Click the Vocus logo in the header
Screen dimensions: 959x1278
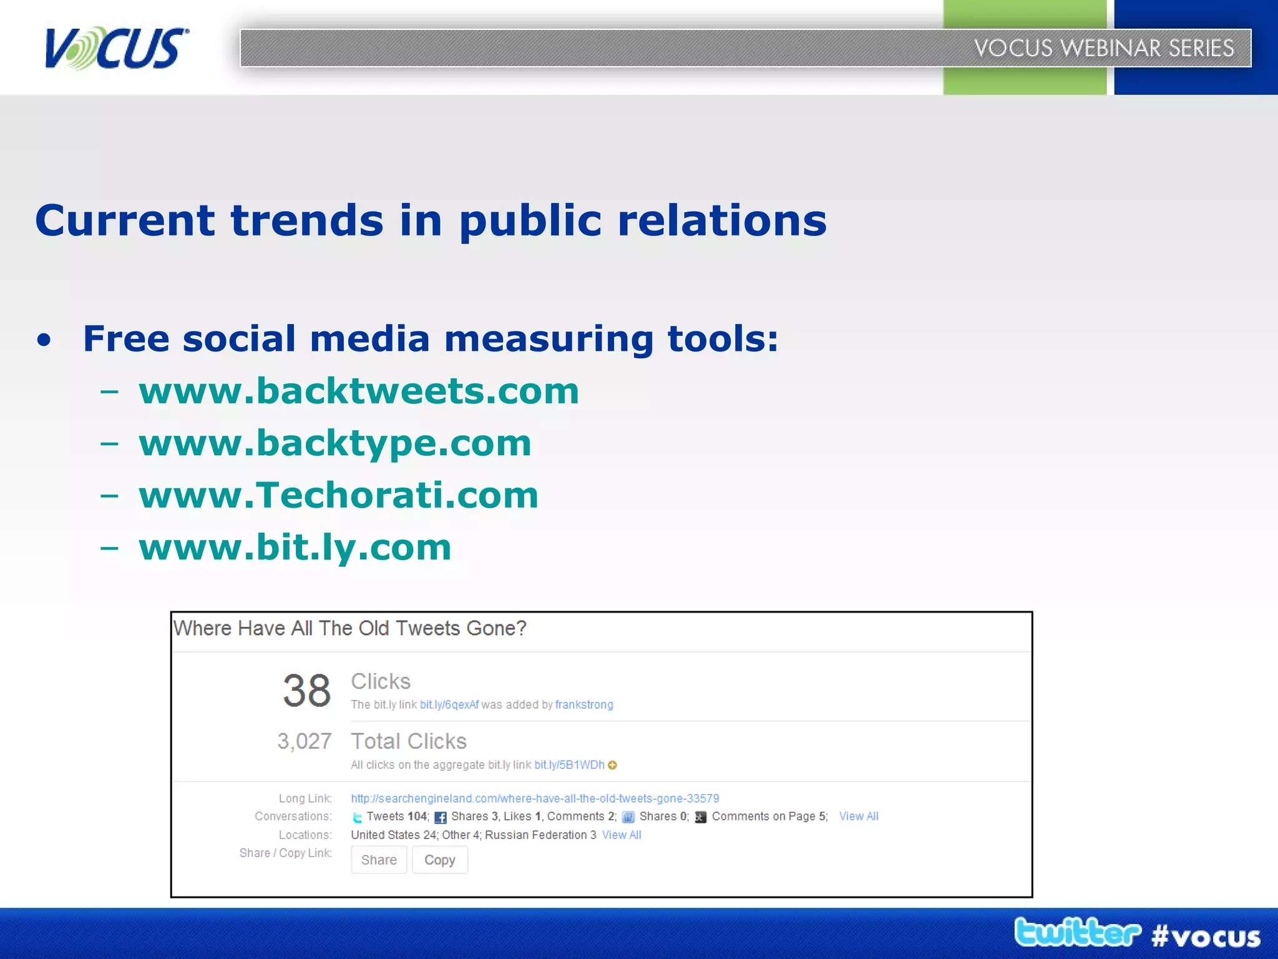coord(116,48)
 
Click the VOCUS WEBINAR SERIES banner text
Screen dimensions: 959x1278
coord(1103,48)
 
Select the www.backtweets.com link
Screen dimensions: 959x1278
coord(359,391)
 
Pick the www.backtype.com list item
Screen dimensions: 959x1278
coord(335,443)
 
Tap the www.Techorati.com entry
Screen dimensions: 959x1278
coord(338,496)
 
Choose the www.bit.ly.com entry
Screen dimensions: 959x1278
coord(295,548)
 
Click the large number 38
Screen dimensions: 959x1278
coord(306,691)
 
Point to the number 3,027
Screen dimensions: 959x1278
coord(304,741)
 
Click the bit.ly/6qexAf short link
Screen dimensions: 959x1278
coord(449,705)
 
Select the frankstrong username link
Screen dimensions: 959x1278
coord(583,705)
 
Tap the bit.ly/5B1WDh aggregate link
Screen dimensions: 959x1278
coord(568,765)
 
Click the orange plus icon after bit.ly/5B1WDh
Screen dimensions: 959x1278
coord(612,765)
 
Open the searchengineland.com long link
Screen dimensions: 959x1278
coord(534,799)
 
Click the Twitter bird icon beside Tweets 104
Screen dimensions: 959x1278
coord(357,817)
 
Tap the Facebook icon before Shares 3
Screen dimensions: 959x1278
coord(440,817)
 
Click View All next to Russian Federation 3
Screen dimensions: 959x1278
coord(621,835)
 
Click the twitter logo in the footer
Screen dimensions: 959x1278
coord(1077,932)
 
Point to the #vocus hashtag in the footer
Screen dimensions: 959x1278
coord(1206,937)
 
